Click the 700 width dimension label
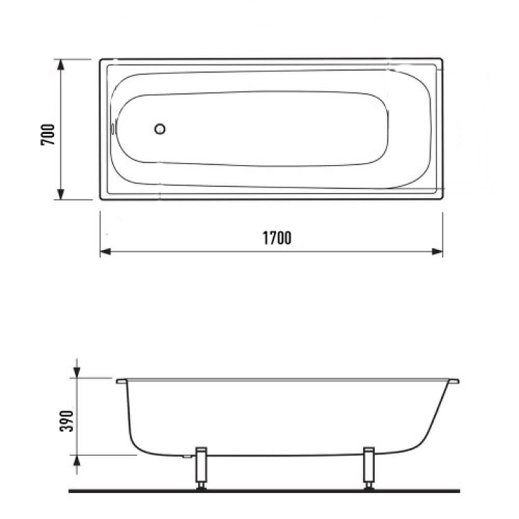tap(47, 134)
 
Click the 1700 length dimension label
tap(277, 238)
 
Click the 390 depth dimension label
tap(66, 420)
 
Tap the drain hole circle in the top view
tap(160, 128)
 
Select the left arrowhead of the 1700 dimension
tap(105, 252)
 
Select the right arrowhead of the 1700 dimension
tap(437, 252)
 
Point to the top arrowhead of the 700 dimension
tap(60, 65)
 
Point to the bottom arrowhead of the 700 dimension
tap(60, 194)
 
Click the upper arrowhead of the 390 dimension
tap(77, 372)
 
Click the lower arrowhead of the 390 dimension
tap(77, 461)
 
